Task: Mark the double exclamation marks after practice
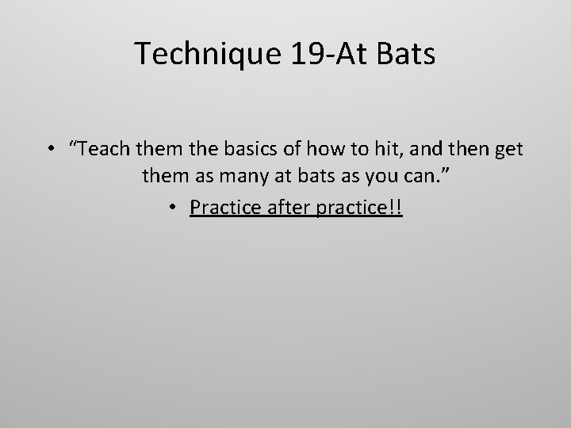click(397, 208)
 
